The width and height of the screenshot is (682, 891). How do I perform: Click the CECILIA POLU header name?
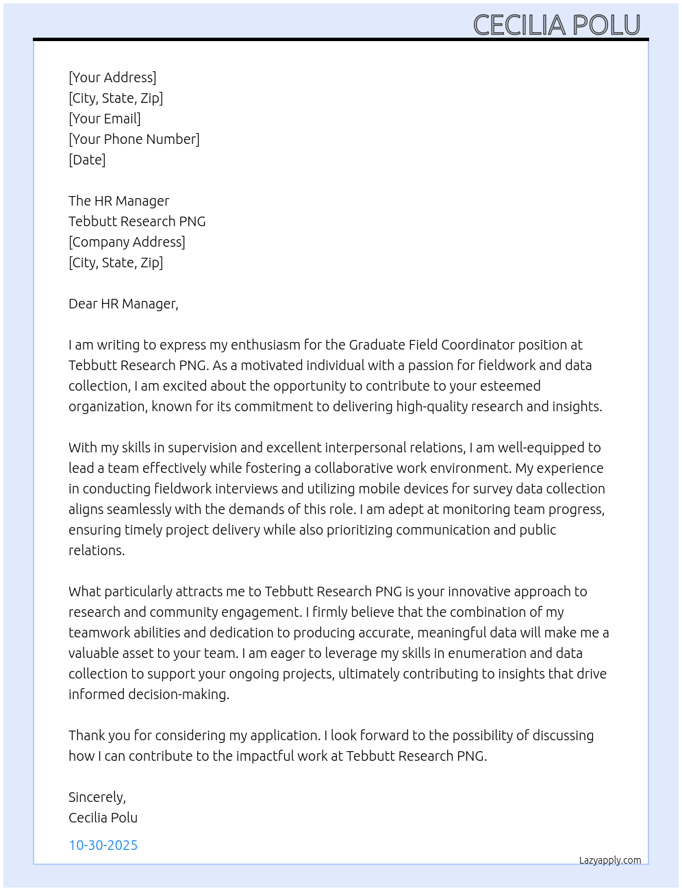[556, 25]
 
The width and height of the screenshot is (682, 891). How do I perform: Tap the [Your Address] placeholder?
[112, 77]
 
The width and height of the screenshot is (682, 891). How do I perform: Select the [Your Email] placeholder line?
[105, 119]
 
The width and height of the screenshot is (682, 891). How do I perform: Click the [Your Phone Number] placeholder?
[134, 139]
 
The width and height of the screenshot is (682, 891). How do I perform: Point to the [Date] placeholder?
[87, 160]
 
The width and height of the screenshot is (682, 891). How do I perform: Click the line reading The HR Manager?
[118, 201]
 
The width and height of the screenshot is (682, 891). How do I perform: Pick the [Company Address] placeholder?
[127, 242]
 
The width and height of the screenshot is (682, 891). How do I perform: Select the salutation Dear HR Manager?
[123, 304]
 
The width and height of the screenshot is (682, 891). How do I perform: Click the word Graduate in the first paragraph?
[376, 345]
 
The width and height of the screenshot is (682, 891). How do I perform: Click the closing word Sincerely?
[97, 797]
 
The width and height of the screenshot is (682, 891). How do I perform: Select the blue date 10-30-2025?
[103, 845]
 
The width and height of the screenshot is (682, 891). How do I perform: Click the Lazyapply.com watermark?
[610, 860]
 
